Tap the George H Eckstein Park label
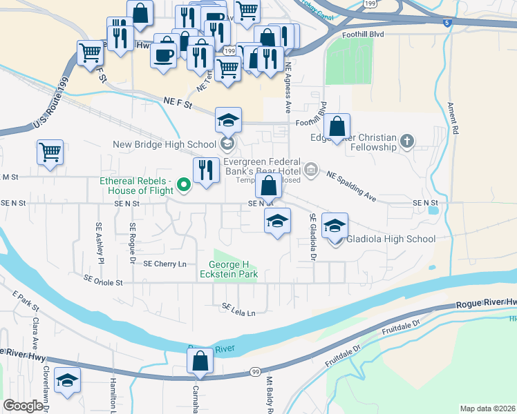tap(234, 270)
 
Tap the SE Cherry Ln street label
tap(165, 264)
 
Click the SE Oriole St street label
tap(103, 281)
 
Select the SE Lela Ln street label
tap(238, 310)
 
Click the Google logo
tap(23, 406)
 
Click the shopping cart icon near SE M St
tap(50, 152)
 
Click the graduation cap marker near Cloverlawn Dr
tap(67, 380)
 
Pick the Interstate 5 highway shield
tap(447, 23)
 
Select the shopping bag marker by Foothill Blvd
tap(337, 126)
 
